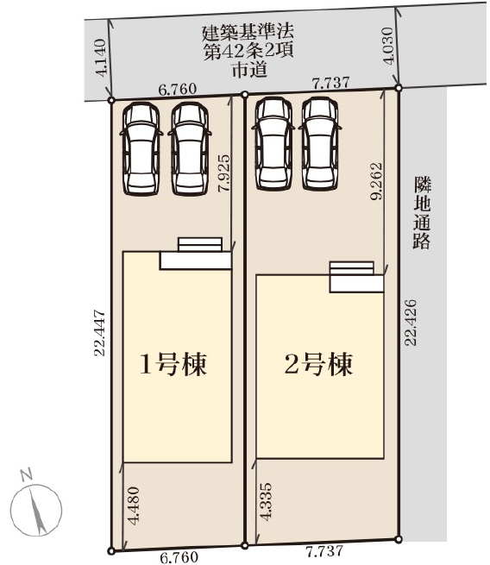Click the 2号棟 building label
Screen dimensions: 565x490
(x=318, y=366)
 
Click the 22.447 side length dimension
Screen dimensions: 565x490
(x=102, y=332)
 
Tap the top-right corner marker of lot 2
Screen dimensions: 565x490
(x=398, y=87)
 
